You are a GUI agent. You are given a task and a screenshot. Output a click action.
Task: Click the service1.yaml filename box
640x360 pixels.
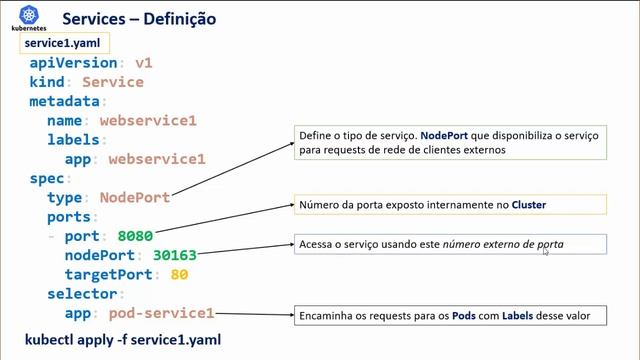pyautogui.click(x=61, y=44)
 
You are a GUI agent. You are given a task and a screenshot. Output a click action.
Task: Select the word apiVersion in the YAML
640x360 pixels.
pyautogui.click(x=73, y=63)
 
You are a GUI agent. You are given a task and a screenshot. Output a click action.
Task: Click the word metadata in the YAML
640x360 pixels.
pyautogui.click(x=64, y=102)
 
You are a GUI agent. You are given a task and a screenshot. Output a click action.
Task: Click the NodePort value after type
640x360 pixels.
pyautogui.click(x=134, y=198)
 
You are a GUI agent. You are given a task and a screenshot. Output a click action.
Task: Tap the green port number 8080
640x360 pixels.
pyautogui.click(x=135, y=236)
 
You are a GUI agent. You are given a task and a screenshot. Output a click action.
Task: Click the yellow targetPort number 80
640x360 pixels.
pyautogui.click(x=180, y=274)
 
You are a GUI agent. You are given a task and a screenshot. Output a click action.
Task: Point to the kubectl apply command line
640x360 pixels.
pyautogui.click(x=123, y=340)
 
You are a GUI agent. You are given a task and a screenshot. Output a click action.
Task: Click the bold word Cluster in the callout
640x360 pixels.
pyautogui.click(x=529, y=205)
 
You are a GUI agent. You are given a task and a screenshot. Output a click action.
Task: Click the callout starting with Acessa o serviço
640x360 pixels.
pyautogui.click(x=449, y=245)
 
